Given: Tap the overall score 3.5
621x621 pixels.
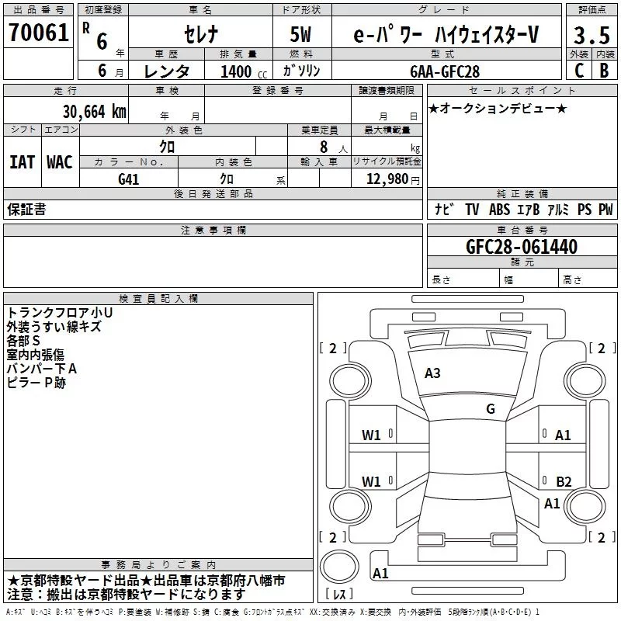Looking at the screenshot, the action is coord(591,35).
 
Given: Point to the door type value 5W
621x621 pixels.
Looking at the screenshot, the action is coord(302,35).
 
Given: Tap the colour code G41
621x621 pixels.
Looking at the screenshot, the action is coord(128,179).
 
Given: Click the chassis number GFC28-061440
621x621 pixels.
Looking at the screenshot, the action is coord(522,247).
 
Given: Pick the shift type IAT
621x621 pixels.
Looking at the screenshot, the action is coord(23,162).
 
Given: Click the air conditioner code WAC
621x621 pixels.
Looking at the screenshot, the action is coord(60,162).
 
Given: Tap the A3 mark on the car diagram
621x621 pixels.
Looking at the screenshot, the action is coord(432,373).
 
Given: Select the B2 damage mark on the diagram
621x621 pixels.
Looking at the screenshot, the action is coord(564,481).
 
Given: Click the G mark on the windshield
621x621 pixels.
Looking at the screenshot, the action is coord(490,409).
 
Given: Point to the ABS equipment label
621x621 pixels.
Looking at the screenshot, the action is coord(499,210).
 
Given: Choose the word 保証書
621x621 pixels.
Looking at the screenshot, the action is coord(26,210).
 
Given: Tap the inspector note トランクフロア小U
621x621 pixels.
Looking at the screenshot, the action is coord(60,313).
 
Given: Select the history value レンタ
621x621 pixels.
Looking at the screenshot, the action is coord(167,71).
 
